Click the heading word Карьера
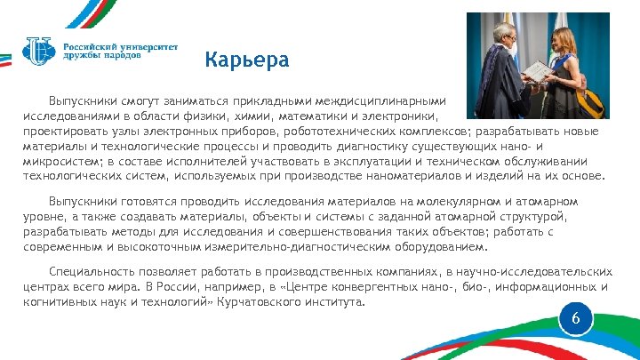tap(246, 60)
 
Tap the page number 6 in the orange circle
tap(575, 318)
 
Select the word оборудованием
tap(432, 246)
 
